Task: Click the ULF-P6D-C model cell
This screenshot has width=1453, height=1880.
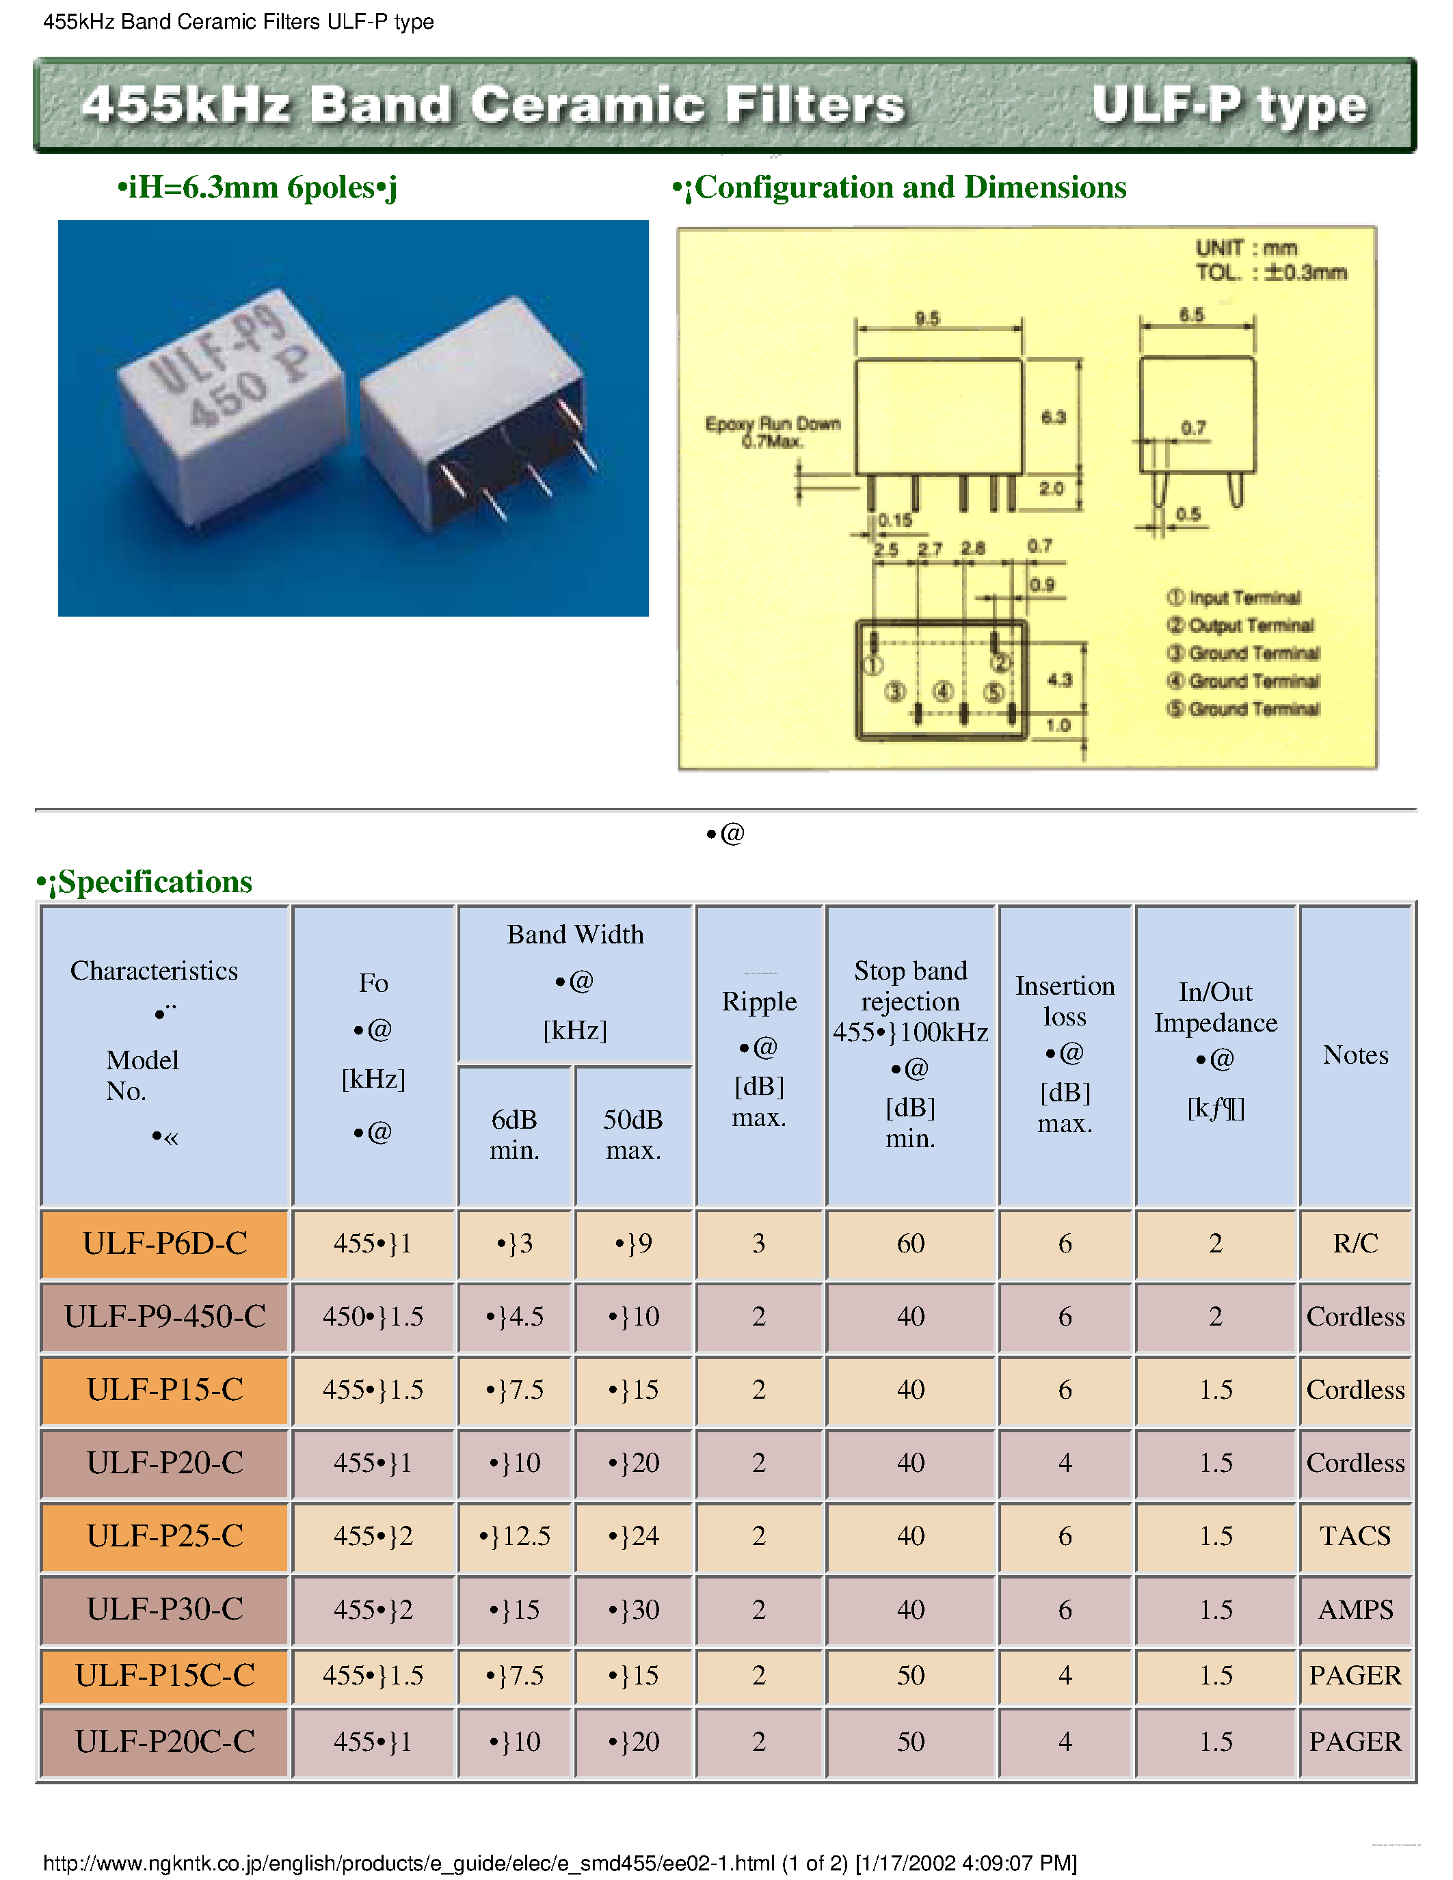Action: [x=164, y=1244]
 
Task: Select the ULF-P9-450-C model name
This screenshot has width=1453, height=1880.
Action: [x=164, y=1317]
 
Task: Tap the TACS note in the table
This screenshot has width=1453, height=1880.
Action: [x=1355, y=1537]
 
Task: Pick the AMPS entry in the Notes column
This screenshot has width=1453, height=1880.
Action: [x=1355, y=1610]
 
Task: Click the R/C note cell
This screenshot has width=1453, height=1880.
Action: [x=1355, y=1244]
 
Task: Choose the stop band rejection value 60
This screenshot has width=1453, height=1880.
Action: [x=910, y=1244]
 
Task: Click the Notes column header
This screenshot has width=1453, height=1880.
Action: [x=1355, y=1056]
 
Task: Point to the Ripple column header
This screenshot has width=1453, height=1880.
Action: [x=758, y=1002]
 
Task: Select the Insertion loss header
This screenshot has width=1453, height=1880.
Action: [x=1065, y=1001]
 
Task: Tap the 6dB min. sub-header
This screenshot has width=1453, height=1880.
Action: [x=514, y=1135]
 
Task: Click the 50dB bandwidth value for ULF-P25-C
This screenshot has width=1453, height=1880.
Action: [x=634, y=1537]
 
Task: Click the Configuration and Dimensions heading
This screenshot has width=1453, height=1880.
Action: [x=910, y=187]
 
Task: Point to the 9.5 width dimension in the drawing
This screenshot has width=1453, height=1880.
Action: [x=927, y=319]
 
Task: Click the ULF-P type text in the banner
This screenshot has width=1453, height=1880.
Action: [x=1228, y=106]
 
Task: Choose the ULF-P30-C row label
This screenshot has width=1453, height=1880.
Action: [x=164, y=1610]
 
